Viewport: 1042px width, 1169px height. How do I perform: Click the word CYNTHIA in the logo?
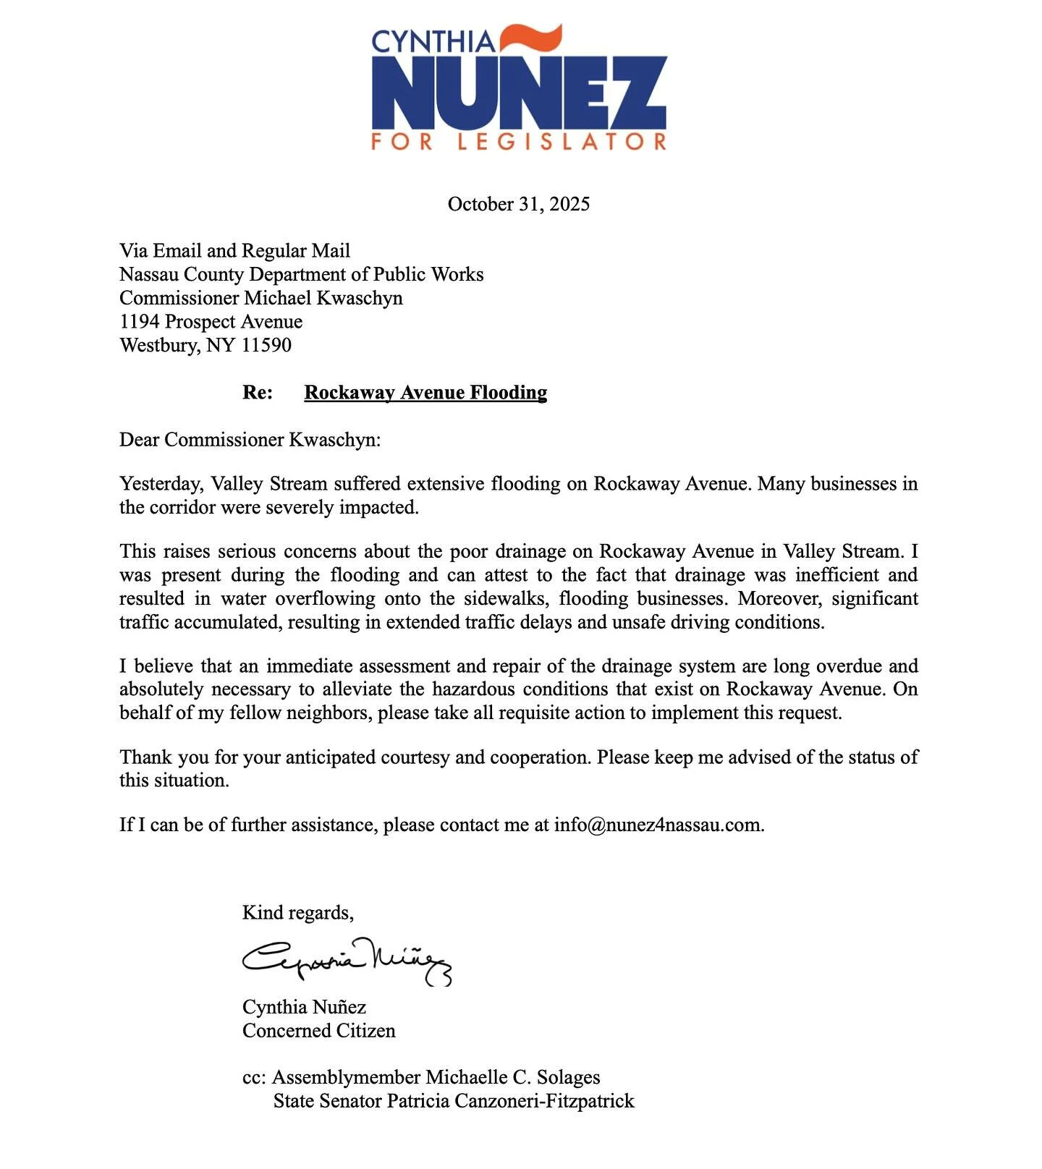pyautogui.click(x=433, y=41)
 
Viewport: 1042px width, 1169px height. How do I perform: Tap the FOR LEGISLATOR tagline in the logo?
pyautogui.click(x=518, y=141)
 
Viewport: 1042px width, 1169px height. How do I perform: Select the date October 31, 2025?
pyautogui.click(x=518, y=204)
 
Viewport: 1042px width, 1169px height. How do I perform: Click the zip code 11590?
pyautogui.click(x=266, y=345)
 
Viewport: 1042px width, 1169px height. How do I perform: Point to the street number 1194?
pyautogui.click(x=139, y=321)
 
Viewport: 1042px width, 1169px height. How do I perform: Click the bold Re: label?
pyautogui.click(x=258, y=392)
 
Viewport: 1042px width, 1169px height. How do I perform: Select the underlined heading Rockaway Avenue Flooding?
pyautogui.click(x=425, y=392)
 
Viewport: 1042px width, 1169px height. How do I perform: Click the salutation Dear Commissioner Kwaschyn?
pyautogui.click(x=250, y=440)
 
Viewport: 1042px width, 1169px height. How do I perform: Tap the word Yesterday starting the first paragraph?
pyautogui.click(x=160, y=483)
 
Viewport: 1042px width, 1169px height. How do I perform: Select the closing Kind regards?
pyautogui.click(x=297, y=913)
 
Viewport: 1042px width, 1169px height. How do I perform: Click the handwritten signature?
pyautogui.click(x=346, y=961)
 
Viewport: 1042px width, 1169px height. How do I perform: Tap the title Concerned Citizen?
pyautogui.click(x=318, y=1031)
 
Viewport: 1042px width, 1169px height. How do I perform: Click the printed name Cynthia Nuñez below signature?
pyautogui.click(x=304, y=1007)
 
